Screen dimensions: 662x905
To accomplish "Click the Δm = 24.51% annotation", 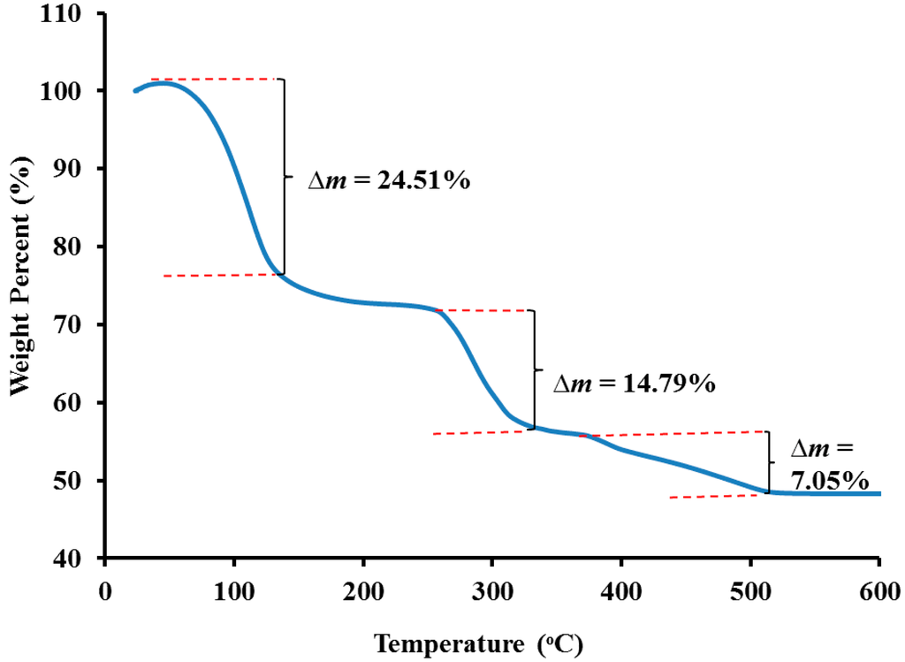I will click(388, 180).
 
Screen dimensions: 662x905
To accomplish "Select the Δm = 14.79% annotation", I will click(634, 384).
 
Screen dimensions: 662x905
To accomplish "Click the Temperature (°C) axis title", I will click(477, 643).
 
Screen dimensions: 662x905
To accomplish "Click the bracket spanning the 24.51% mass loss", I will click(284, 177).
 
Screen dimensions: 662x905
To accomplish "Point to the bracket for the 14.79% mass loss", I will click(534, 369).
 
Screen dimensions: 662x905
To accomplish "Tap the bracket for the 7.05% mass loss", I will click(767, 461).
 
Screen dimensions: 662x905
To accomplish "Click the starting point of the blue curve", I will click(135, 90).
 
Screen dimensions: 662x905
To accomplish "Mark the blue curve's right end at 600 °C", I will click(878, 493).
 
